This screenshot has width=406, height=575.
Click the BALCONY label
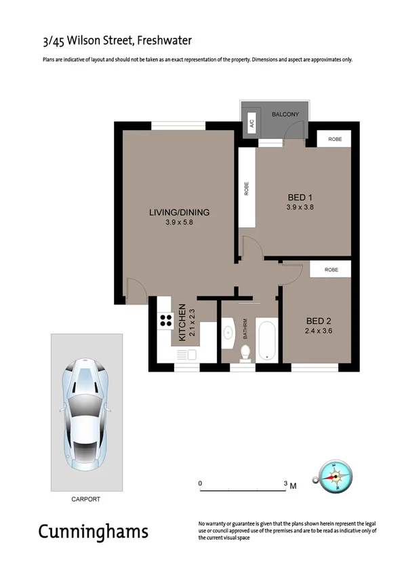tap(285, 115)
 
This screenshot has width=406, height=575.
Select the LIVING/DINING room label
tap(179, 212)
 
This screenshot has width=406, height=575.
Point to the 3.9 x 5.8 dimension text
tap(179, 222)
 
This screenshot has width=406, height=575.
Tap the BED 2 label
tap(319, 321)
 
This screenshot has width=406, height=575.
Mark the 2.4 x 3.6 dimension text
tap(319, 331)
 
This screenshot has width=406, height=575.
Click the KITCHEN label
tap(182, 324)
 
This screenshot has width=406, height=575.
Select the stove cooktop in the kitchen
tap(165, 321)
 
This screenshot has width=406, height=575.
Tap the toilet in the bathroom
tap(245, 353)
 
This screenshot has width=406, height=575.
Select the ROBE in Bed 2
tap(331, 269)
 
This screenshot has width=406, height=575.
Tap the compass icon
tap(333, 476)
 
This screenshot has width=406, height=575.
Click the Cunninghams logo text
tap(93, 531)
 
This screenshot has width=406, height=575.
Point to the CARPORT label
tap(85, 499)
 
